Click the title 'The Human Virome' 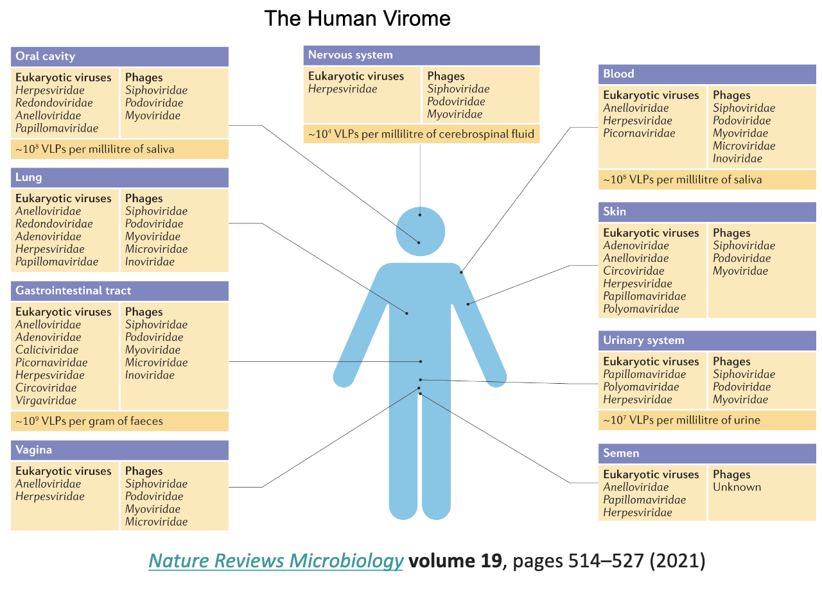[x=357, y=18]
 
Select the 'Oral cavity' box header [x=45, y=56]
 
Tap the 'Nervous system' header [x=350, y=55]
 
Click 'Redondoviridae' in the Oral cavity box [x=54, y=103]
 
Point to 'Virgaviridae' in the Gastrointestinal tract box [x=46, y=400]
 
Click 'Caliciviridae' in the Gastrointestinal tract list [x=47, y=350]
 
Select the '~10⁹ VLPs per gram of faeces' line [x=89, y=422]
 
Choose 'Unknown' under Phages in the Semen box [x=737, y=487]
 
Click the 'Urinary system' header [x=643, y=340]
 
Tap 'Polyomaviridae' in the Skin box [x=641, y=309]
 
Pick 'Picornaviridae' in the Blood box [x=639, y=133]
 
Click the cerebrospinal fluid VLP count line [x=421, y=134]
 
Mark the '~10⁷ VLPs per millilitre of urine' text [x=681, y=420]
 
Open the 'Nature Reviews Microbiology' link [x=275, y=561]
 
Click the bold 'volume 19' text [x=455, y=561]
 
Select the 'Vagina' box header [x=34, y=451]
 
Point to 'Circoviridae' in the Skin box [x=633, y=271]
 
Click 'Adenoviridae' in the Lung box [x=48, y=236]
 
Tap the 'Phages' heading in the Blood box [x=731, y=95]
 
